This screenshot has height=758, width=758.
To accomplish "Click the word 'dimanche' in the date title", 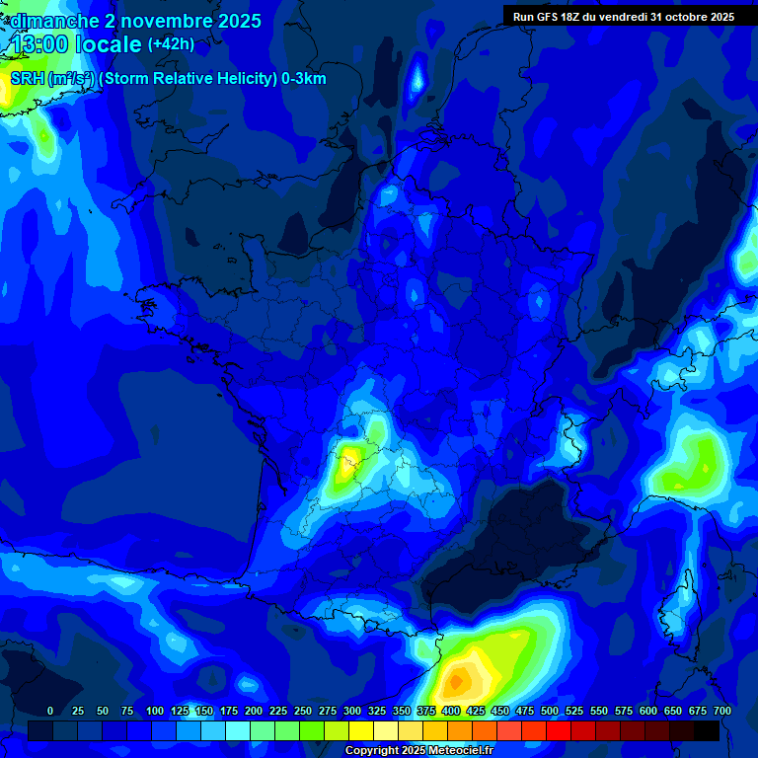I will (53, 20).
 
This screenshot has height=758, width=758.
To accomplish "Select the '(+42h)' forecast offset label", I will (171, 44).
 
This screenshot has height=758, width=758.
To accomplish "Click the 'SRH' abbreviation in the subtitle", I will (27, 79).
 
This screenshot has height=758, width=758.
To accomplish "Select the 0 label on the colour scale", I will (50, 711).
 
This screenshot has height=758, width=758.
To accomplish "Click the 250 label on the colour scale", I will (303, 711).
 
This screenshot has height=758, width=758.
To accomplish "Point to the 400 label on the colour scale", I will (451, 711).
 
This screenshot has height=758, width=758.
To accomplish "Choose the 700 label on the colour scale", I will (722, 711).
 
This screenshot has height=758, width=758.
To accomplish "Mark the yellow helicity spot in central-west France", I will (347, 462).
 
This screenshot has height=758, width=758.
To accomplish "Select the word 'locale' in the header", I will (109, 44).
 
